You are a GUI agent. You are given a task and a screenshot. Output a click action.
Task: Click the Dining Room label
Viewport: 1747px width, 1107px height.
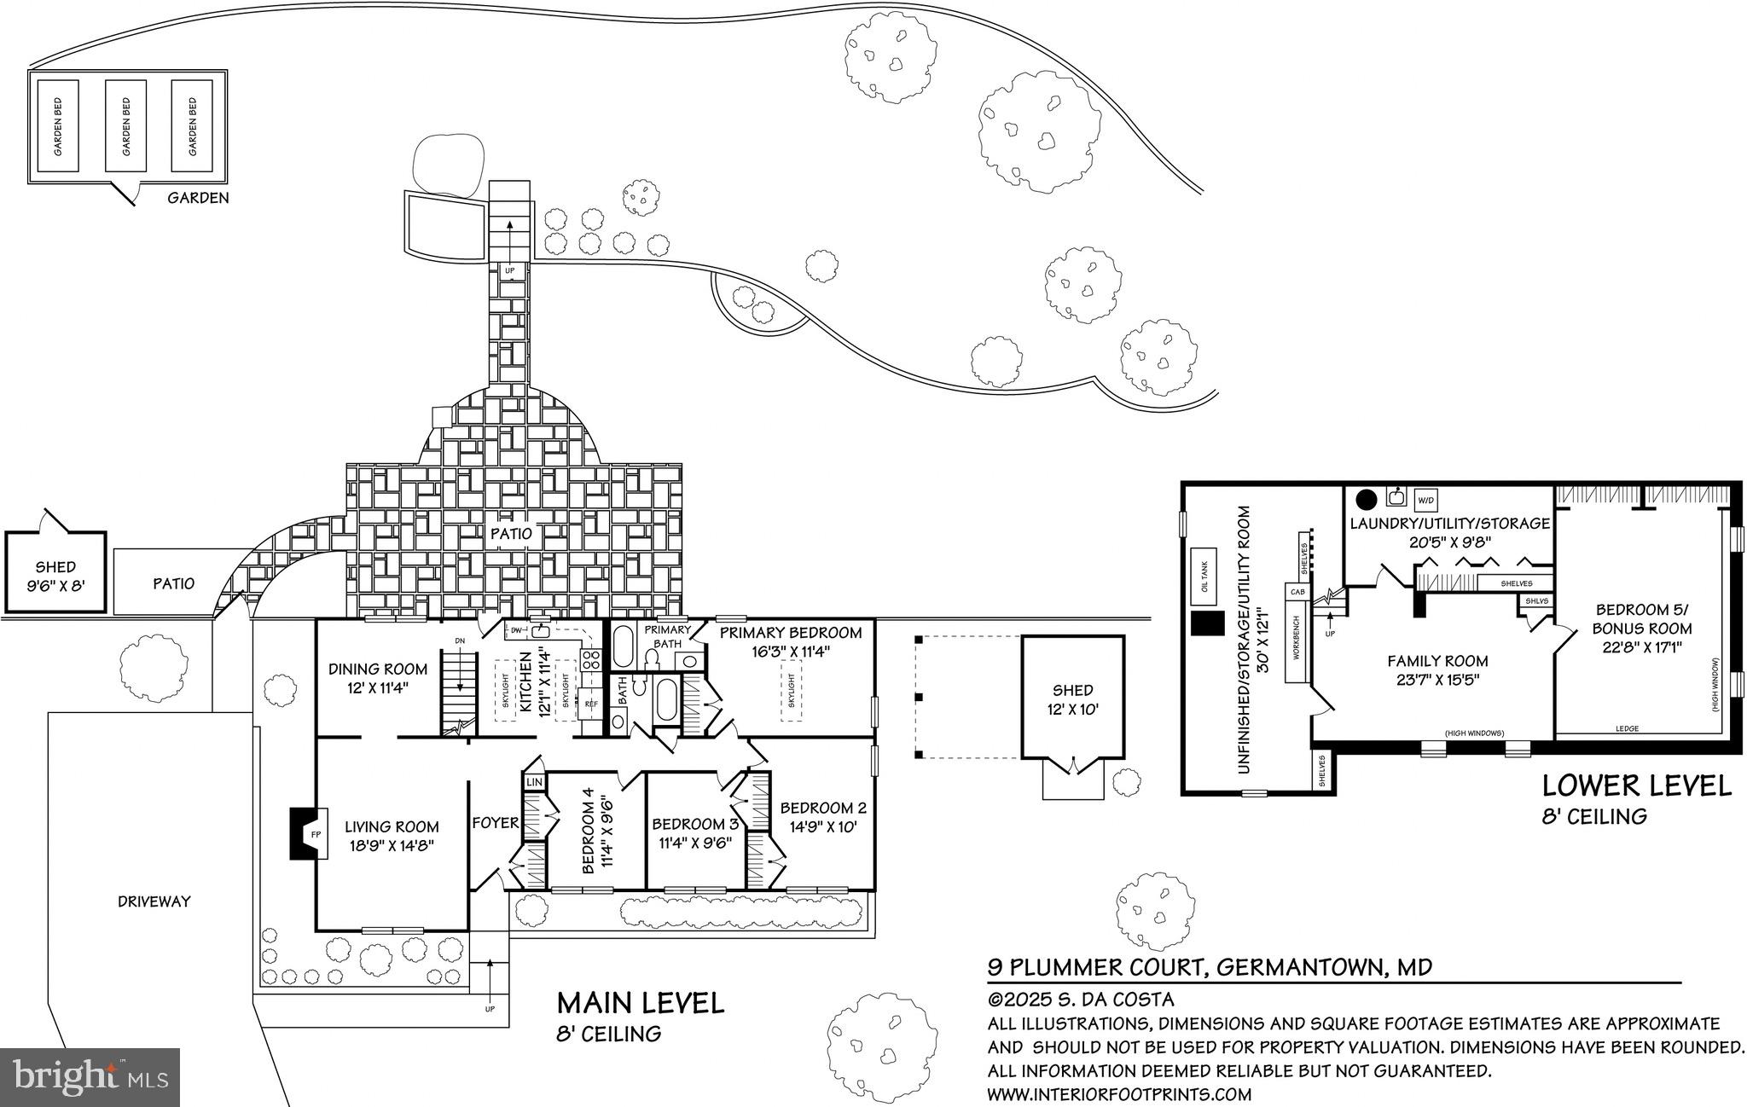(378, 669)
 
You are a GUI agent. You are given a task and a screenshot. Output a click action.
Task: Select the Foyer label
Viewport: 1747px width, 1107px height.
(496, 822)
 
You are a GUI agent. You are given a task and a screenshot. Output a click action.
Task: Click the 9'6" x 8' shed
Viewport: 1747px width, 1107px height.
(55, 576)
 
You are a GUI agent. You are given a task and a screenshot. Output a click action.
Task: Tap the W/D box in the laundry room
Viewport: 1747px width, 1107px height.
(1425, 499)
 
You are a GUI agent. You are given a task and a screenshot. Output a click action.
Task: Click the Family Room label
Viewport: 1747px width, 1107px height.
(1437, 661)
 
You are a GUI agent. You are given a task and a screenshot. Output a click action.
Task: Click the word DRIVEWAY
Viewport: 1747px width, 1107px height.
(154, 901)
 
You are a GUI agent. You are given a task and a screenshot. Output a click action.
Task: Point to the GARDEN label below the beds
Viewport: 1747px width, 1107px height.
(198, 198)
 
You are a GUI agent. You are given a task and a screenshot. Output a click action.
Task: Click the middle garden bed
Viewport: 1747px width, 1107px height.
(126, 126)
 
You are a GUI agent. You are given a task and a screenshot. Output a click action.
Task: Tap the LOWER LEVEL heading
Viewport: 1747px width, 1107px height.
(1636, 785)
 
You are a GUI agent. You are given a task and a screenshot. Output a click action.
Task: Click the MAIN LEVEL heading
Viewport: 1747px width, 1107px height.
(640, 1002)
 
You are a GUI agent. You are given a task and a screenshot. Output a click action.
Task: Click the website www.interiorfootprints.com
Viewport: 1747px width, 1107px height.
(1119, 1094)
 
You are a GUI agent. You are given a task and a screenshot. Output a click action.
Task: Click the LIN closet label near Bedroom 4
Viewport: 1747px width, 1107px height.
(534, 782)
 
